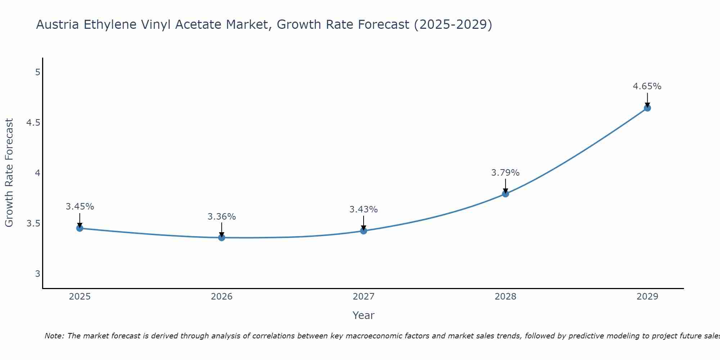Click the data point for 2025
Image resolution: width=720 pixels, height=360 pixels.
(80, 228)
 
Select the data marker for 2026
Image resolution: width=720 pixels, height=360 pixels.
(221, 238)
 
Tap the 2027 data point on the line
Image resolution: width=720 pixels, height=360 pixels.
(364, 231)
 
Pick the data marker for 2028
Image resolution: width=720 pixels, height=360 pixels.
(505, 194)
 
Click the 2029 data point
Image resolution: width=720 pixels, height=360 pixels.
(647, 108)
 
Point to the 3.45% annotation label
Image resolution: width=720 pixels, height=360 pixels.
(80, 207)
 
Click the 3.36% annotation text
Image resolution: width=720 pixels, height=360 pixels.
(221, 217)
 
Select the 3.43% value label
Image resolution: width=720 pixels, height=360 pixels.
(364, 210)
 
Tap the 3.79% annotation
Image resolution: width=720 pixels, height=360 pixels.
(505, 173)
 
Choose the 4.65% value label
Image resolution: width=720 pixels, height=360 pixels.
(647, 86)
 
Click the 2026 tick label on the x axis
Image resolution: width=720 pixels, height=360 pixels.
(221, 297)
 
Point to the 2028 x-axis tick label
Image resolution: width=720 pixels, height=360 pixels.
(505, 297)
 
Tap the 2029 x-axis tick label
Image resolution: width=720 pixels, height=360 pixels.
(647, 297)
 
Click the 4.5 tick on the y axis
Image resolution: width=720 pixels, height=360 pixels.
(33, 123)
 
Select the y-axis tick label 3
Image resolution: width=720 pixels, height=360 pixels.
(37, 274)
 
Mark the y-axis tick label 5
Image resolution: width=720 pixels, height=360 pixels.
(37, 72)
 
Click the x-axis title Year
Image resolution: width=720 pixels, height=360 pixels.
(363, 315)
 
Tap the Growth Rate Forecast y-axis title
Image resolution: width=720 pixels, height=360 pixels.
(9, 173)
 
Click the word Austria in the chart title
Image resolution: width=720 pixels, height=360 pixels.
(58, 25)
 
